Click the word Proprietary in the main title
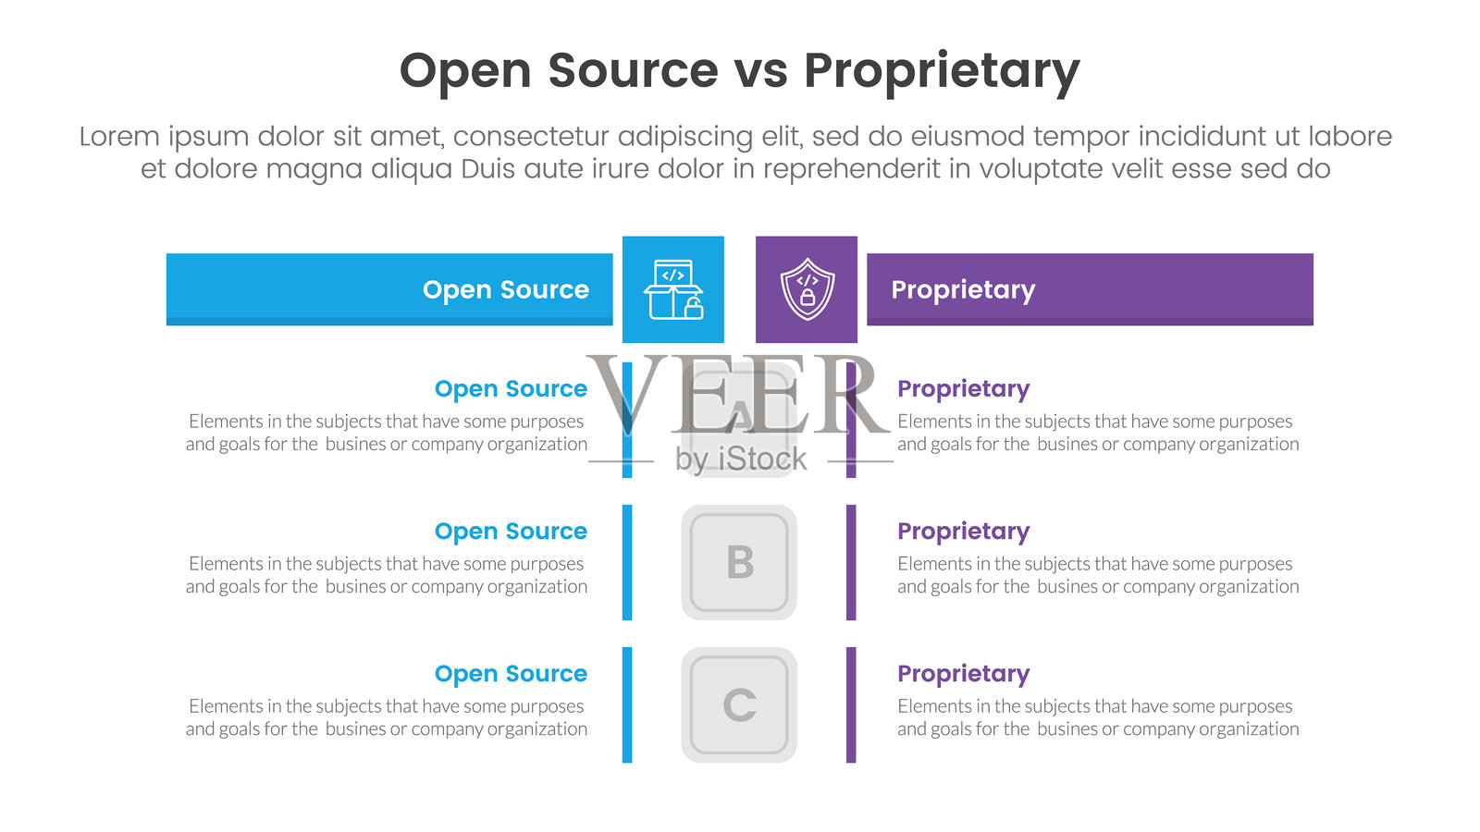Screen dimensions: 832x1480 (941, 71)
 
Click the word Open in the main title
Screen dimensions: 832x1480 (464, 71)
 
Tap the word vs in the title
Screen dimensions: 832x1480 (760, 71)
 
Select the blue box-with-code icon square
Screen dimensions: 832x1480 (673, 289)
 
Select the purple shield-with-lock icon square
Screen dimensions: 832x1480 (807, 289)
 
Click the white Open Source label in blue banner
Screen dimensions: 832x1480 (505, 289)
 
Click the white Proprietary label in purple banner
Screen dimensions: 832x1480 (963, 289)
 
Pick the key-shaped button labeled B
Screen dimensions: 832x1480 (739, 562)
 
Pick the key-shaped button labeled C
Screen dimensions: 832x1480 (739, 704)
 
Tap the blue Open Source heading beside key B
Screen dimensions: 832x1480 (511, 532)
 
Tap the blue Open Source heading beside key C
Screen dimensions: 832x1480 (511, 674)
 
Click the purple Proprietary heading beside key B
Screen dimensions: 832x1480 (963, 532)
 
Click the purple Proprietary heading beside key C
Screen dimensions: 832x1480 (963, 674)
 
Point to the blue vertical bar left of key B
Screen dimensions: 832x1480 (627, 562)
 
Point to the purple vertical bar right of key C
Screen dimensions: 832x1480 (851, 704)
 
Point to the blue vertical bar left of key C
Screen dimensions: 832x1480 (627, 704)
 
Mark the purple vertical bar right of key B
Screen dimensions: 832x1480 (851, 562)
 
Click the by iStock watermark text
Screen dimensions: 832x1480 (741, 459)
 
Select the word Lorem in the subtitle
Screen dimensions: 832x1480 (119, 137)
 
